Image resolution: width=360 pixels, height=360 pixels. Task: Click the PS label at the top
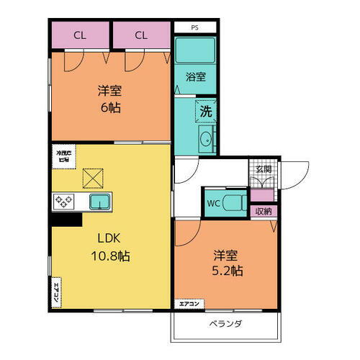(194, 28)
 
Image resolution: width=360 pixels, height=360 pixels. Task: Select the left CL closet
(79, 35)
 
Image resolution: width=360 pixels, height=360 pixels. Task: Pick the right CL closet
(141, 35)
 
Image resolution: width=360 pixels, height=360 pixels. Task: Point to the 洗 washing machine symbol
(205, 112)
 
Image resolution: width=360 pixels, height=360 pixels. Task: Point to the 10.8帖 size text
(109, 255)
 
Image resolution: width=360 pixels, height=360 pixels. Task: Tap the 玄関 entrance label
(263, 169)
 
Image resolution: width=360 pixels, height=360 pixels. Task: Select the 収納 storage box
(263, 211)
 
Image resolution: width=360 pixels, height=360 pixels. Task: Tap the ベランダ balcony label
(225, 323)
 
